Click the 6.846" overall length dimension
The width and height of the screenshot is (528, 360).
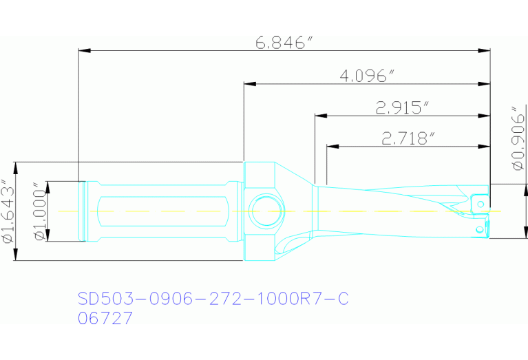coord(279,43)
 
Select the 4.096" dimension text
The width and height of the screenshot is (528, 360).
coord(366,76)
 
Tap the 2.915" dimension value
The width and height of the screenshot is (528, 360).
coord(403,107)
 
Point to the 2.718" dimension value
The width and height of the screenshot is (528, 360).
coord(408,138)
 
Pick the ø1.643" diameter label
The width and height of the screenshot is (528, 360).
coord(8,211)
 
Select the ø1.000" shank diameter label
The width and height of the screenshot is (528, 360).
coord(39,211)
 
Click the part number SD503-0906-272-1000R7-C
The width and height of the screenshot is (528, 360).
coord(213,299)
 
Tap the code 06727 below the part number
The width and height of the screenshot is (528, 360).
coord(105,319)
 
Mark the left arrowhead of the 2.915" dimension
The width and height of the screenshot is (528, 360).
coord(319,116)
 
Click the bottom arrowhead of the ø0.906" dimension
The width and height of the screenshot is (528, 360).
coord(509,233)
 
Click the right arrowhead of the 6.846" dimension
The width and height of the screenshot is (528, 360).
coord(485,50)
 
